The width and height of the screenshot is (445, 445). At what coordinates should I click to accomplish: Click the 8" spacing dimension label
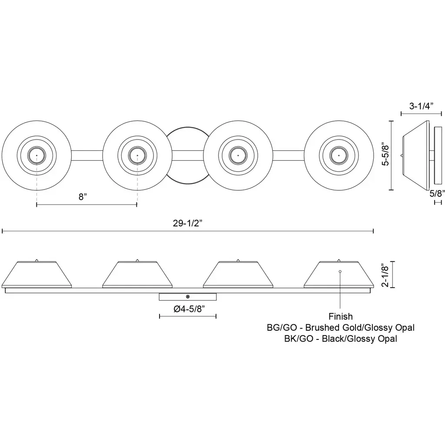click(83, 196)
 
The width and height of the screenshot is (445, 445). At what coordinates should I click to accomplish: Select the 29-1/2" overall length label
click(188, 223)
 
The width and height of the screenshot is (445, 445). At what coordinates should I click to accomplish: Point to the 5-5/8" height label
click(384, 156)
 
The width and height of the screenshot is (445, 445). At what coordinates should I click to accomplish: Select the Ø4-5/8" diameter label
click(188, 309)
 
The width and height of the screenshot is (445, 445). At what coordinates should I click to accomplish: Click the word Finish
click(340, 317)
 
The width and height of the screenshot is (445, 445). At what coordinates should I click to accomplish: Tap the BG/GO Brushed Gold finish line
click(340, 328)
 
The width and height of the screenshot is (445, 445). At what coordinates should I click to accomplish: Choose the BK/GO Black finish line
click(340, 339)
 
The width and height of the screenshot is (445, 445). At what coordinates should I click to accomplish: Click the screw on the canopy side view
click(187, 296)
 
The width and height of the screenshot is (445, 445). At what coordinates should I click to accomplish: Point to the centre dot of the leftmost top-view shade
click(37, 155)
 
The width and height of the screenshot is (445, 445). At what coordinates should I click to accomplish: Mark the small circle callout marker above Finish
click(340, 271)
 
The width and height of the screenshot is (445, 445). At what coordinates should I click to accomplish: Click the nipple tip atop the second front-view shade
click(137, 260)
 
